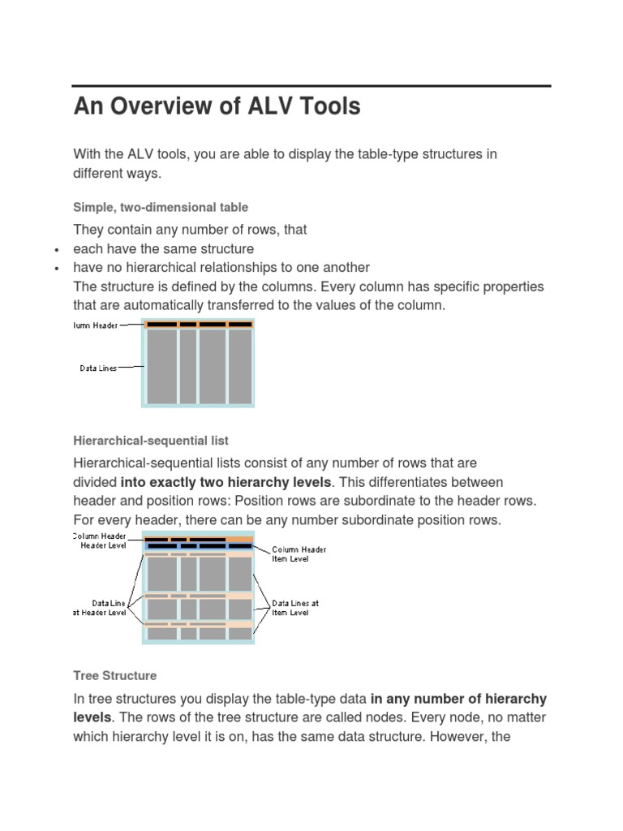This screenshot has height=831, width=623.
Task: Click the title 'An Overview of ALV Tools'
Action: coord(217,107)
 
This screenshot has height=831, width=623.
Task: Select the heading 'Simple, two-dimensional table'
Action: coord(161,208)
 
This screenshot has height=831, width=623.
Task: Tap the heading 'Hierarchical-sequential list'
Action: coord(151,441)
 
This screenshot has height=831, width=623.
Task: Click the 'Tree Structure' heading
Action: coord(114,675)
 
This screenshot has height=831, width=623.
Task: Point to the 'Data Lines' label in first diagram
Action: coord(97,368)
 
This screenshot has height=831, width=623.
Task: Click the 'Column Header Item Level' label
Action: coord(299,554)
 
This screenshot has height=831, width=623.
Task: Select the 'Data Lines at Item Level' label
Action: coord(295,608)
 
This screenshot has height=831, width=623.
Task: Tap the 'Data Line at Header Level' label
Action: coord(100,608)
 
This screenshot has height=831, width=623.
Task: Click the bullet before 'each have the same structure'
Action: coord(56,250)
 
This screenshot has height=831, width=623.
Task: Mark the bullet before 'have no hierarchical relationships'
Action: coord(56,269)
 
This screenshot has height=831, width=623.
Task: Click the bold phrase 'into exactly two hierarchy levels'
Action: coord(226,482)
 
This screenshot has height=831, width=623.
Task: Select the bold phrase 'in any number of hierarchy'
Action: coord(458,699)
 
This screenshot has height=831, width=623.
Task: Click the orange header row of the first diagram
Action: coord(199,325)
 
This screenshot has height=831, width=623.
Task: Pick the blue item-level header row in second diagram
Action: coord(199,546)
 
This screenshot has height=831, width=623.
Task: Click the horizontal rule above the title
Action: coord(311,85)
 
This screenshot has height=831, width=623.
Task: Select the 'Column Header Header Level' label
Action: coord(100,541)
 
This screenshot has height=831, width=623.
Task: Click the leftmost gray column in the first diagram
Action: coord(161,366)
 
